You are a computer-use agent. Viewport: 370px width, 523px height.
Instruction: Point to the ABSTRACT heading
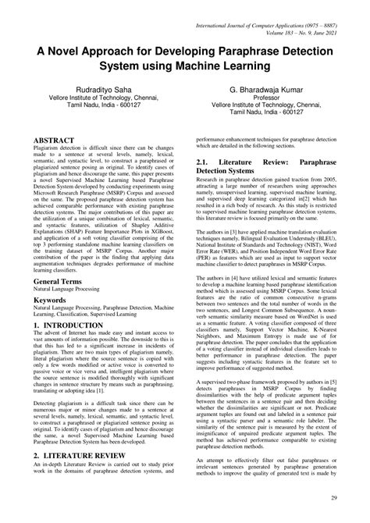[x=56, y=141]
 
